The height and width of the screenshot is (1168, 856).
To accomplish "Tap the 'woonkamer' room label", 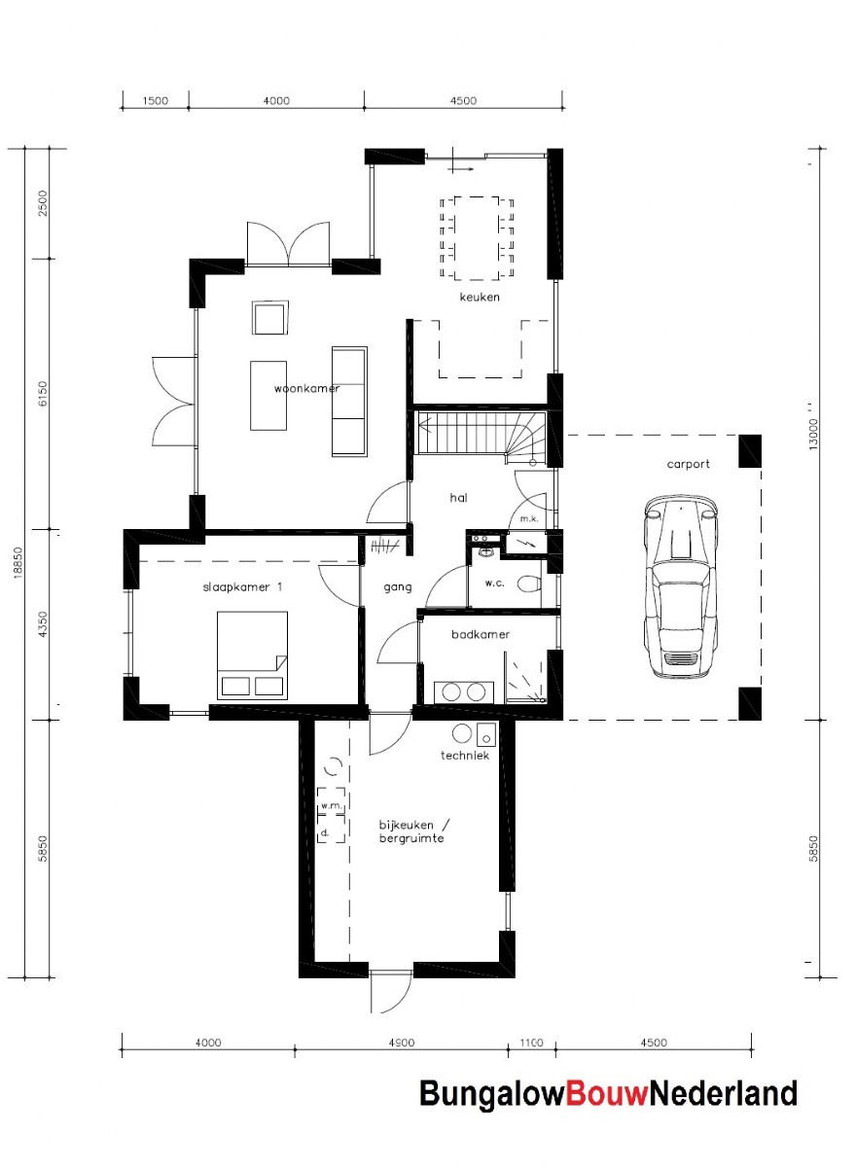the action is click(306, 388).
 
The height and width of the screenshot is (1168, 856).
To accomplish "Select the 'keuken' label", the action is click(480, 297).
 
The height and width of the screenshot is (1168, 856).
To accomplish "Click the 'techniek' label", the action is click(464, 755).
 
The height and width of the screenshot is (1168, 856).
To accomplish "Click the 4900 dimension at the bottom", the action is click(400, 1043).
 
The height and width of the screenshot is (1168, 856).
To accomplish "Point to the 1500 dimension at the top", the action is click(155, 100).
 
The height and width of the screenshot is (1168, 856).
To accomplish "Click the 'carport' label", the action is click(688, 464).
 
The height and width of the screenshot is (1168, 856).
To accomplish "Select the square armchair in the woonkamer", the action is click(269, 318).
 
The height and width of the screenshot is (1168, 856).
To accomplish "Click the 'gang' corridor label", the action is click(398, 586).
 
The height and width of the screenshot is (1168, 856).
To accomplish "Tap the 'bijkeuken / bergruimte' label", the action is click(413, 831).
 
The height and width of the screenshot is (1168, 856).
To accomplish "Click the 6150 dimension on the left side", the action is click(43, 395).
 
